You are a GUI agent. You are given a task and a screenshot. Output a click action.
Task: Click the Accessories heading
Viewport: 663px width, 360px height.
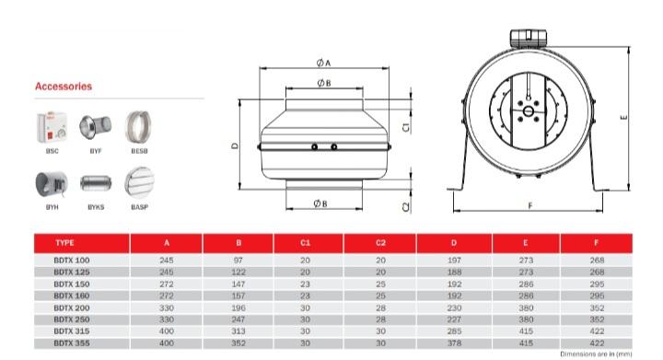click(x=64, y=87)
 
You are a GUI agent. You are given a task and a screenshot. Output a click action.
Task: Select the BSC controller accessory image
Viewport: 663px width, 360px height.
click(x=52, y=127)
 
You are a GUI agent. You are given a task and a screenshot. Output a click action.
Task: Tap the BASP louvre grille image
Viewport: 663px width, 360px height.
click(x=140, y=181)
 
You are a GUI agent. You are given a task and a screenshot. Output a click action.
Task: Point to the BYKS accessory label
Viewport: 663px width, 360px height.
click(x=96, y=207)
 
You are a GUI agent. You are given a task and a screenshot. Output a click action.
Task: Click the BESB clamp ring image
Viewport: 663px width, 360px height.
click(x=138, y=127)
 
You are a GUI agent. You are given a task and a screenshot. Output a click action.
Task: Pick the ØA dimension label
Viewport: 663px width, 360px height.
click(x=323, y=63)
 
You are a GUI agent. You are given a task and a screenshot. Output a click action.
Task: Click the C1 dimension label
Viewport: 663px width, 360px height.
click(x=406, y=127)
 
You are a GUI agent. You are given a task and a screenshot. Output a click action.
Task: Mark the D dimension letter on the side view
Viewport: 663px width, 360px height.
click(x=235, y=145)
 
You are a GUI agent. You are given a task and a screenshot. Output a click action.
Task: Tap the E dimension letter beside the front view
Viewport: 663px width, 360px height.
click(x=623, y=118)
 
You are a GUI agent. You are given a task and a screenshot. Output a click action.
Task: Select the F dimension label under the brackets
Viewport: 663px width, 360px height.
click(x=530, y=205)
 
